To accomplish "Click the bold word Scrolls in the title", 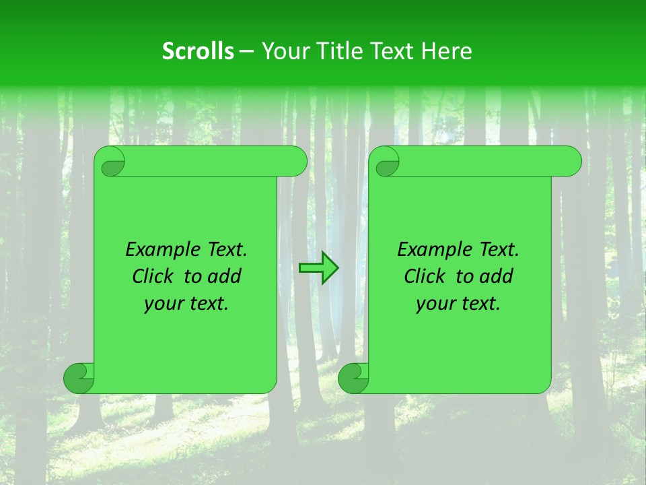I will pyautogui.click(x=198, y=51).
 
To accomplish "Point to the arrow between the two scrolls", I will pyautogui.click(x=318, y=268).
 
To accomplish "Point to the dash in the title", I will pyautogui.click(x=247, y=51).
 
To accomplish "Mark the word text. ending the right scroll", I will pyautogui.click(x=478, y=304).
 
